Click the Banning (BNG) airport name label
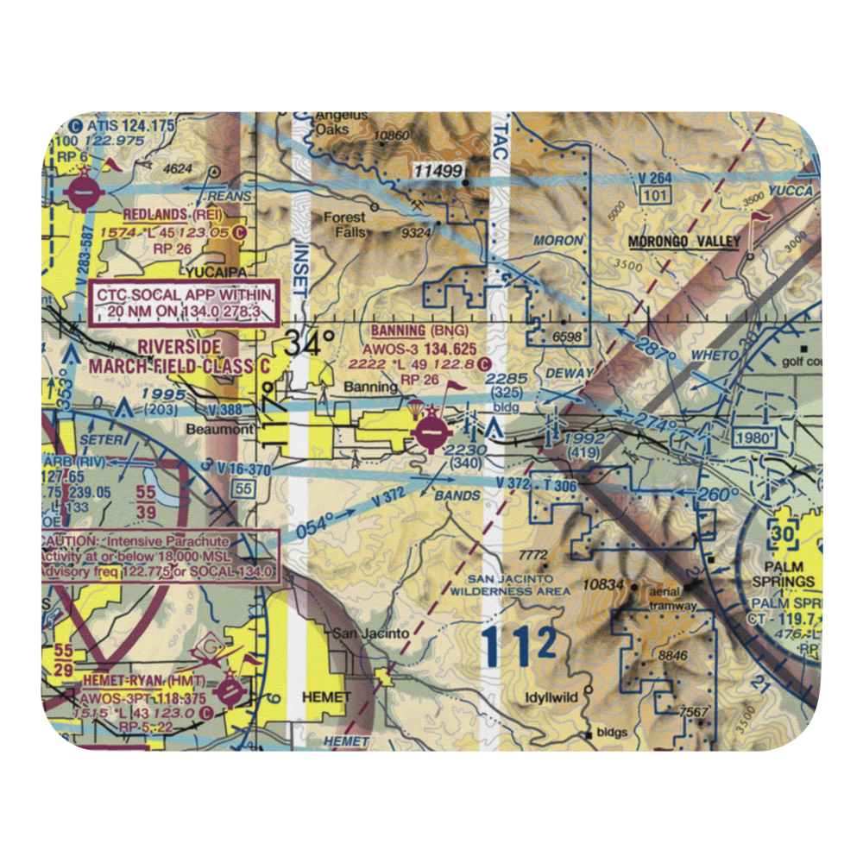point(423,331)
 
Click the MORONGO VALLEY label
point(684,242)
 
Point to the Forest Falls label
point(345,225)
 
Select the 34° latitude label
point(308,343)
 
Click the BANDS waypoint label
point(457,496)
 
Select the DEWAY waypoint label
point(570,373)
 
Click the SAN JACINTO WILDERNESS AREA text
point(520,585)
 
